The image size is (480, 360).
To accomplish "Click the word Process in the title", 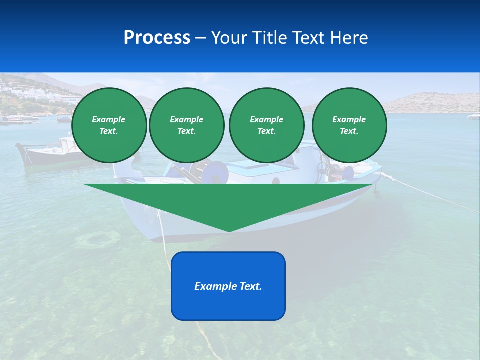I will pyautogui.click(x=157, y=38).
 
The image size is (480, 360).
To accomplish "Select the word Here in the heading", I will pyautogui.click(x=349, y=38).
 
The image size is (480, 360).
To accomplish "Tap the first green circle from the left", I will pyautogui.click(x=109, y=125).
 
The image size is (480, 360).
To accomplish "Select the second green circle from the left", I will pyautogui.click(x=187, y=125).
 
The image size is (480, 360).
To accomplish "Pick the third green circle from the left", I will pyautogui.click(x=266, y=125).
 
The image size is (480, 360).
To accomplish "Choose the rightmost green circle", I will pyautogui.click(x=349, y=125).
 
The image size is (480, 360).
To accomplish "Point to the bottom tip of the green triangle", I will pyautogui.click(x=229, y=230).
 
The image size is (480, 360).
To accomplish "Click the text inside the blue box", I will pyautogui.click(x=228, y=286).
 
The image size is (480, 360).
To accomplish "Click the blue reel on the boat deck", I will pyautogui.click(x=218, y=173).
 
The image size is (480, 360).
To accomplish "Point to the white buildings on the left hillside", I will pyautogui.click(x=20, y=92).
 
